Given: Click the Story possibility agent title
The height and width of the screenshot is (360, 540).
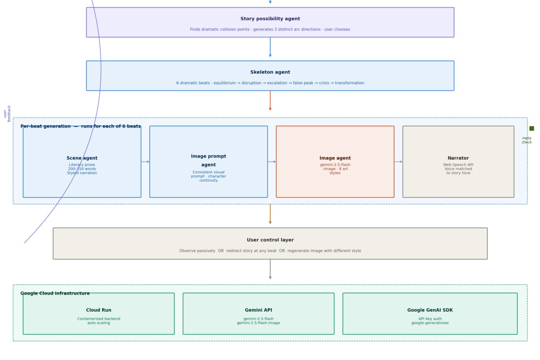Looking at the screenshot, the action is click(x=270, y=19).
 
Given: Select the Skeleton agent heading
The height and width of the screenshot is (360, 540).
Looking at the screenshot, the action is click(x=270, y=72).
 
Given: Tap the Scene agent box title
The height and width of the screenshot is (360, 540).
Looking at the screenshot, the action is click(x=82, y=158).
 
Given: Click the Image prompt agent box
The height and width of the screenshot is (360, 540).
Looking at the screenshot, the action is click(x=208, y=162).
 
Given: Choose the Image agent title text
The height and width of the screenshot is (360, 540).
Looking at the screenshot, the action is click(x=335, y=158).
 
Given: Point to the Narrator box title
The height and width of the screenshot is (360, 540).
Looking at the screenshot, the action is click(x=458, y=158).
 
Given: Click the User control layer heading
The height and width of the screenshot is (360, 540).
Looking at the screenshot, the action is click(x=270, y=240).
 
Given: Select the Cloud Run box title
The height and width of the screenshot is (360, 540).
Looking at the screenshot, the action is click(x=99, y=310).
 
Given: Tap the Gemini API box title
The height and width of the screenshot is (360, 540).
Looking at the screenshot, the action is click(x=258, y=310).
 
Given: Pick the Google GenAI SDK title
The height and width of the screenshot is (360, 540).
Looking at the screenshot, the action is click(x=430, y=310).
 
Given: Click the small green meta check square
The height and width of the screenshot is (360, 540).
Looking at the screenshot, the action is click(x=531, y=129).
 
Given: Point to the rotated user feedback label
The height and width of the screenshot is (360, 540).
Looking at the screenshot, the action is click(x=7, y=113).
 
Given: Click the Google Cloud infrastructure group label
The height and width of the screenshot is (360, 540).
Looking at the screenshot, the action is click(x=55, y=293).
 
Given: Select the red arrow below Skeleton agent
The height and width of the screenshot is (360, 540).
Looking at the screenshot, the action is click(x=270, y=100).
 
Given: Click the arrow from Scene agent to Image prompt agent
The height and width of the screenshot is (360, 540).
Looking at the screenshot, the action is click(x=145, y=162).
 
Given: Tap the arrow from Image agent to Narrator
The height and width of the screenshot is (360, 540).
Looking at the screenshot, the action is click(x=398, y=162).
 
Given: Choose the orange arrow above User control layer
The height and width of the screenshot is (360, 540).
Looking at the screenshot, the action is click(x=270, y=214).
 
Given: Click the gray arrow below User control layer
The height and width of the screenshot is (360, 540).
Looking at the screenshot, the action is click(x=270, y=270).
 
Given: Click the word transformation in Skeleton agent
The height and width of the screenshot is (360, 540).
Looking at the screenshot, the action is click(x=349, y=83).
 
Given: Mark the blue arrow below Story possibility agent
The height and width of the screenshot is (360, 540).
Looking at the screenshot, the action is click(x=270, y=47).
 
